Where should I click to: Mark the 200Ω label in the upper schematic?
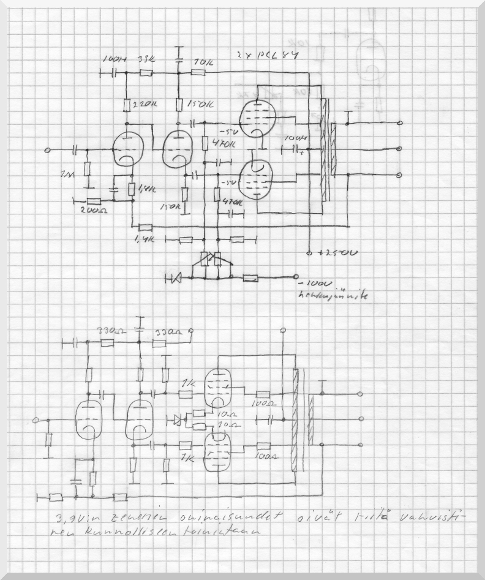(93, 210)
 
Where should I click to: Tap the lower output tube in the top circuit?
(256, 179)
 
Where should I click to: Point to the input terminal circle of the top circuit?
(49, 150)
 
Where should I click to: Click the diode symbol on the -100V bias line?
(174, 279)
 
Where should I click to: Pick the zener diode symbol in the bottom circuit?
(178, 420)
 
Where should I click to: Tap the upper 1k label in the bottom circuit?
(188, 383)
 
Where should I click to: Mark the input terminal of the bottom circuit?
(36, 420)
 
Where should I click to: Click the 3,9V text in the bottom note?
(67, 519)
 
